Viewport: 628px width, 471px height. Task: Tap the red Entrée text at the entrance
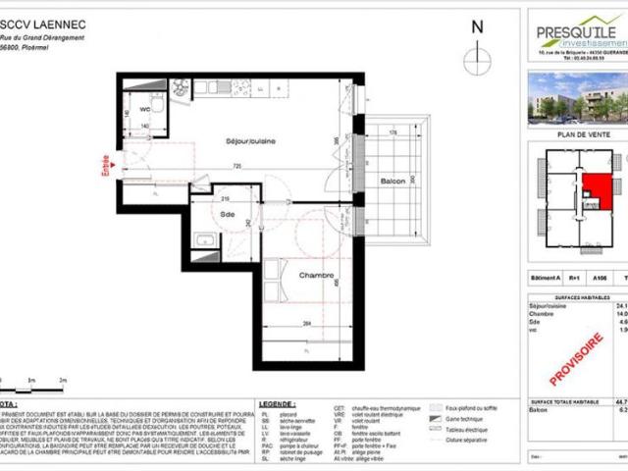[108, 160]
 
